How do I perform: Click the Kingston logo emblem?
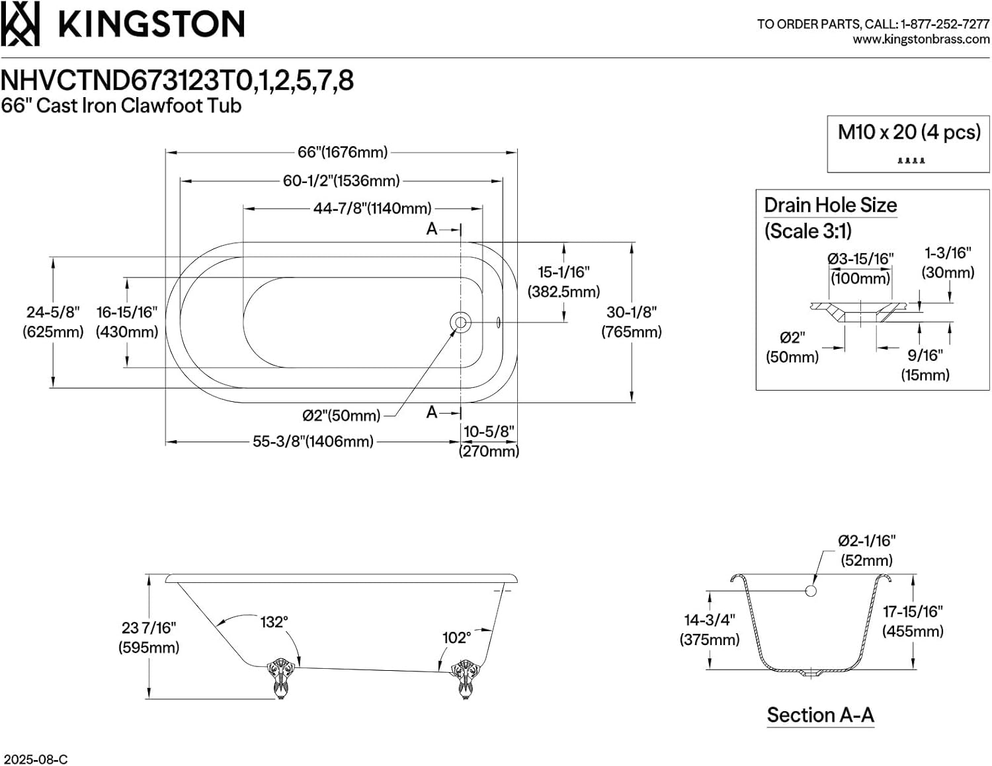pyautogui.click(x=20, y=24)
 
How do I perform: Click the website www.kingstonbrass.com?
pyautogui.click(x=921, y=40)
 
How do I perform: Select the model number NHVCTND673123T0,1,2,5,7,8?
pyautogui.click(x=177, y=81)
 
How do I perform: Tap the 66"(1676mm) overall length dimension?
pyautogui.click(x=342, y=152)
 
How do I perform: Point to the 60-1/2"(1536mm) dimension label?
pyautogui.click(x=341, y=180)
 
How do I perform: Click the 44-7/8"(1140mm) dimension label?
pyautogui.click(x=372, y=208)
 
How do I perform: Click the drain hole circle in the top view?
pyautogui.click(x=460, y=323)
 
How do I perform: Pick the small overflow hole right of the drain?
pyautogui.click(x=498, y=323)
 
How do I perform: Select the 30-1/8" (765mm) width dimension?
pyautogui.click(x=631, y=322)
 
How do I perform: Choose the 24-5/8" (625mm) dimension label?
pyautogui.click(x=53, y=322)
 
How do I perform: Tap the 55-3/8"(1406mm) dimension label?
pyautogui.click(x=313, y=441)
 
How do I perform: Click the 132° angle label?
pyautogui.click(x=273, y=622)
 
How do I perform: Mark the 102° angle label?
pyautogui.click(x=456, y=638)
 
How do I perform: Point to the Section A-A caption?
pyautogui.click(x=820, y=715)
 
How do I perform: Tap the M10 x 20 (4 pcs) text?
pyautogui.click(x=909, y=132)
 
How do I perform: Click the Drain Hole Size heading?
pyautogui.click(x=830, y=205)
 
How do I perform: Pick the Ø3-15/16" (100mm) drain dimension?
pyautogui.click(x=860, y=268)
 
